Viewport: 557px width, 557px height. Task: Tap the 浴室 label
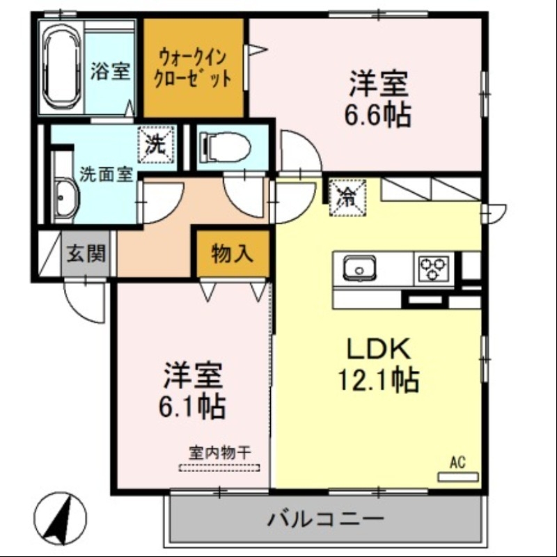coord(111,71)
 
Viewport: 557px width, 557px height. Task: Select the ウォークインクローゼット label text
coord(194,66)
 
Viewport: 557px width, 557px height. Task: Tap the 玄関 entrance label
coord(87,253)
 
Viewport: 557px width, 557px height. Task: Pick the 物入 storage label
coord(231,255)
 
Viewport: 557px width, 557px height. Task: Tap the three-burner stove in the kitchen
coord(432,268)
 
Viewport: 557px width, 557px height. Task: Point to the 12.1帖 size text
coord(378,380)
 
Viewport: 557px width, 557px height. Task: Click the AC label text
coord(457,462)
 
